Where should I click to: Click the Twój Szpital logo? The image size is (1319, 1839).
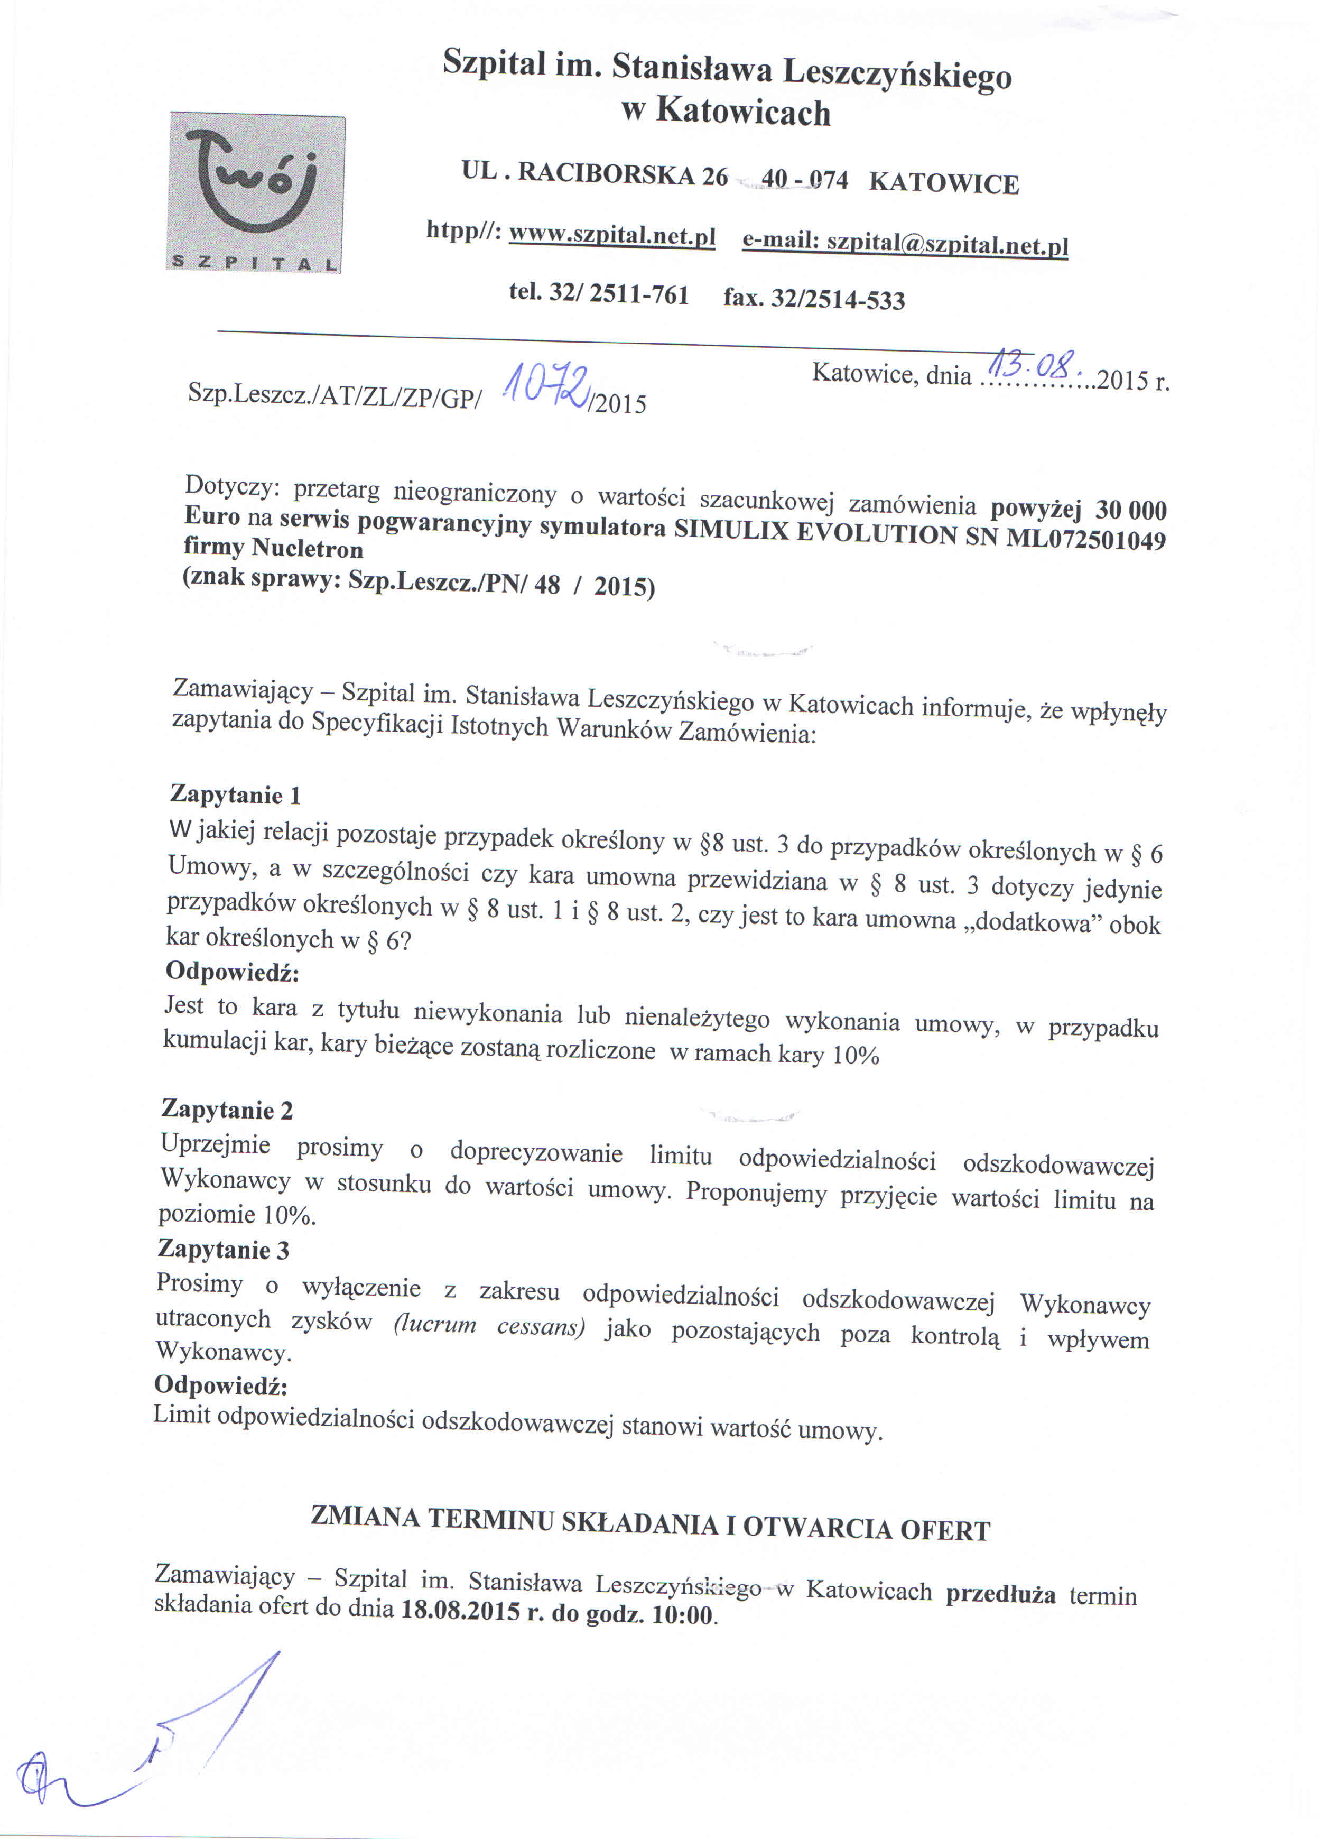click(x=255, y=193)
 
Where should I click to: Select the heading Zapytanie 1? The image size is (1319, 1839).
click(x=235, y=794)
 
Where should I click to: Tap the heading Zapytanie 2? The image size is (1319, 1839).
click(x=227, y=1108)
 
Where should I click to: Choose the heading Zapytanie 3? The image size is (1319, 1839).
click(x=224, y=1249)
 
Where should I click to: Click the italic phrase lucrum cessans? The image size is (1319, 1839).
click(x=489, y=1326)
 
